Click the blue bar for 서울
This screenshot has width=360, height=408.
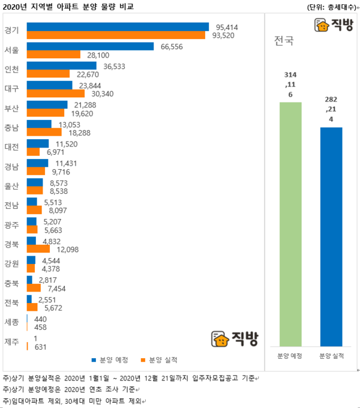pos(90,46)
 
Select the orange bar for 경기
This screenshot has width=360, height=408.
pos(116,35)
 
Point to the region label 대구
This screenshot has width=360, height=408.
pos(11,89)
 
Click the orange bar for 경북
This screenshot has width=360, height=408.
pos(38,249)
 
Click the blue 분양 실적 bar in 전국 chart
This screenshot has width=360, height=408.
pos(331,236)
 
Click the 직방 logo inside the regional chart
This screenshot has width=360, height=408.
pos(235,339)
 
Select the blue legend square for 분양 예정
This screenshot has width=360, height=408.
pos(94,361)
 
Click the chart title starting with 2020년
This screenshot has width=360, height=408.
pos(68,7)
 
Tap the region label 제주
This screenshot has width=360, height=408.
pos(11,342)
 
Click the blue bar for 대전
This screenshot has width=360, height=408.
pos(38,143)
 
